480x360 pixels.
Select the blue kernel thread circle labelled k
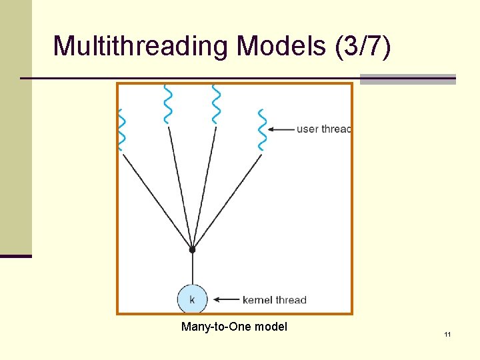pyautogui.click(x=192, y=299)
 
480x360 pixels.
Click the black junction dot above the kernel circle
pyautogui.click(x=192, y=250)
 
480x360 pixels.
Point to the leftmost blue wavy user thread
pyautogui.click(x=121, y=129)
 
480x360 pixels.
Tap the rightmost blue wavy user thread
pyautogui.click(x=262, y=129)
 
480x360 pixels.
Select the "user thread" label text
pyautogui.click(x=323, y=129)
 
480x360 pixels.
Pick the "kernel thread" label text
pyautogui.click(x=275, y=300)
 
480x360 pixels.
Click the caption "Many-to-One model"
pyautogui.click(x=234, y=327)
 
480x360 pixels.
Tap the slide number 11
pyautogui.click(x=447, y=333)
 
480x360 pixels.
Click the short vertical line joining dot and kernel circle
pyautogui.click(x=192, y=268)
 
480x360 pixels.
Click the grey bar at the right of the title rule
pyautogui.click(x=407, y=79)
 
